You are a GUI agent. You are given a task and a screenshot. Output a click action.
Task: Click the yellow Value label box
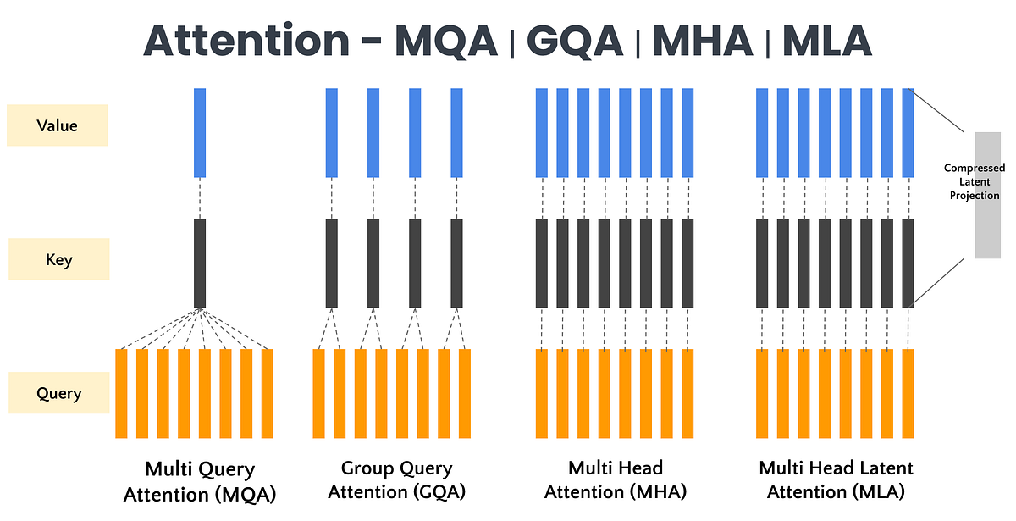pos(58,125)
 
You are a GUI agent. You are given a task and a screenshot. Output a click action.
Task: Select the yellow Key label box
pos(58,259)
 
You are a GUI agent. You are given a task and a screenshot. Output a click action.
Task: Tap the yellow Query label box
pos(58,393)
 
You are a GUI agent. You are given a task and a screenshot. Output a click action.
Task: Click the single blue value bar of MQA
pos(200,132)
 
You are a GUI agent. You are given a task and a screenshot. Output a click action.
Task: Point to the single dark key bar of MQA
pos(200,263)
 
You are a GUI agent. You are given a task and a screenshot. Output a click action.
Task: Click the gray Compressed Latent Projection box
pos(987,194)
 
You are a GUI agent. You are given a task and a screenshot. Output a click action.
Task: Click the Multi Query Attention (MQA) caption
pos(200,480)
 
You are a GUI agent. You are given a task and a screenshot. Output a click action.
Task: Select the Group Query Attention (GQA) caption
pos(396,479)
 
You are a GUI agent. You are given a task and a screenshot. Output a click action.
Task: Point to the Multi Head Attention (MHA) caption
pos(616,479)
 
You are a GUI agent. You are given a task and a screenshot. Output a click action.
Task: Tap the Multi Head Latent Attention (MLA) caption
pos(836,479)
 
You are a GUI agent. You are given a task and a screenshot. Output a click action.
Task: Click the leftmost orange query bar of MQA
pos(121,393)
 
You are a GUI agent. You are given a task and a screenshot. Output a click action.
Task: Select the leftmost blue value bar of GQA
pos(332,132)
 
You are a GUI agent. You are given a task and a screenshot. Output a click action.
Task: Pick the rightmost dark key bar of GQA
pos(457,263)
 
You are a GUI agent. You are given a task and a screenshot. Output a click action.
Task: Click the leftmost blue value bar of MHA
pos(542,132)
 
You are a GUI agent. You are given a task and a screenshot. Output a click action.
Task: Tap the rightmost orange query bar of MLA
pos(908,393)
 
